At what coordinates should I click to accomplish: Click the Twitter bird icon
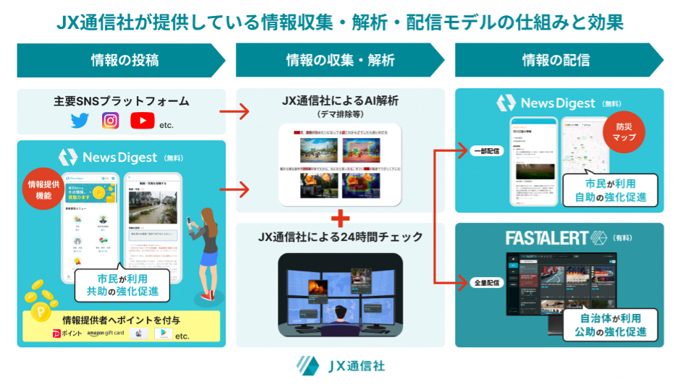pyautogui.click(x=80, y=121)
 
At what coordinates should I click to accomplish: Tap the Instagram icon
pyautogui.click(x=111, y=121)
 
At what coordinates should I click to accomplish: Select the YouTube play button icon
pyautogui.click(x=142, y=121)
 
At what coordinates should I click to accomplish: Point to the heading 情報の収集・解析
pyautogui.click(x=340, y=60)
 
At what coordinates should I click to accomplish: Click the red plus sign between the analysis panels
pyautogui.click(x=340, y=218)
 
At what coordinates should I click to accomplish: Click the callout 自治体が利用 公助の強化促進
pyautogui.click(x=613, y=324)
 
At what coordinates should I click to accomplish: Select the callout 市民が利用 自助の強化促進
pyautogui.click(x=613, y=190)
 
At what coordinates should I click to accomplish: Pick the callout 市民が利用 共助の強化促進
pyautogui.click(x=122, y=286)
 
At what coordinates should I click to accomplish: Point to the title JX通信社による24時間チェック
pyautogui.click(x=340, y=236)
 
